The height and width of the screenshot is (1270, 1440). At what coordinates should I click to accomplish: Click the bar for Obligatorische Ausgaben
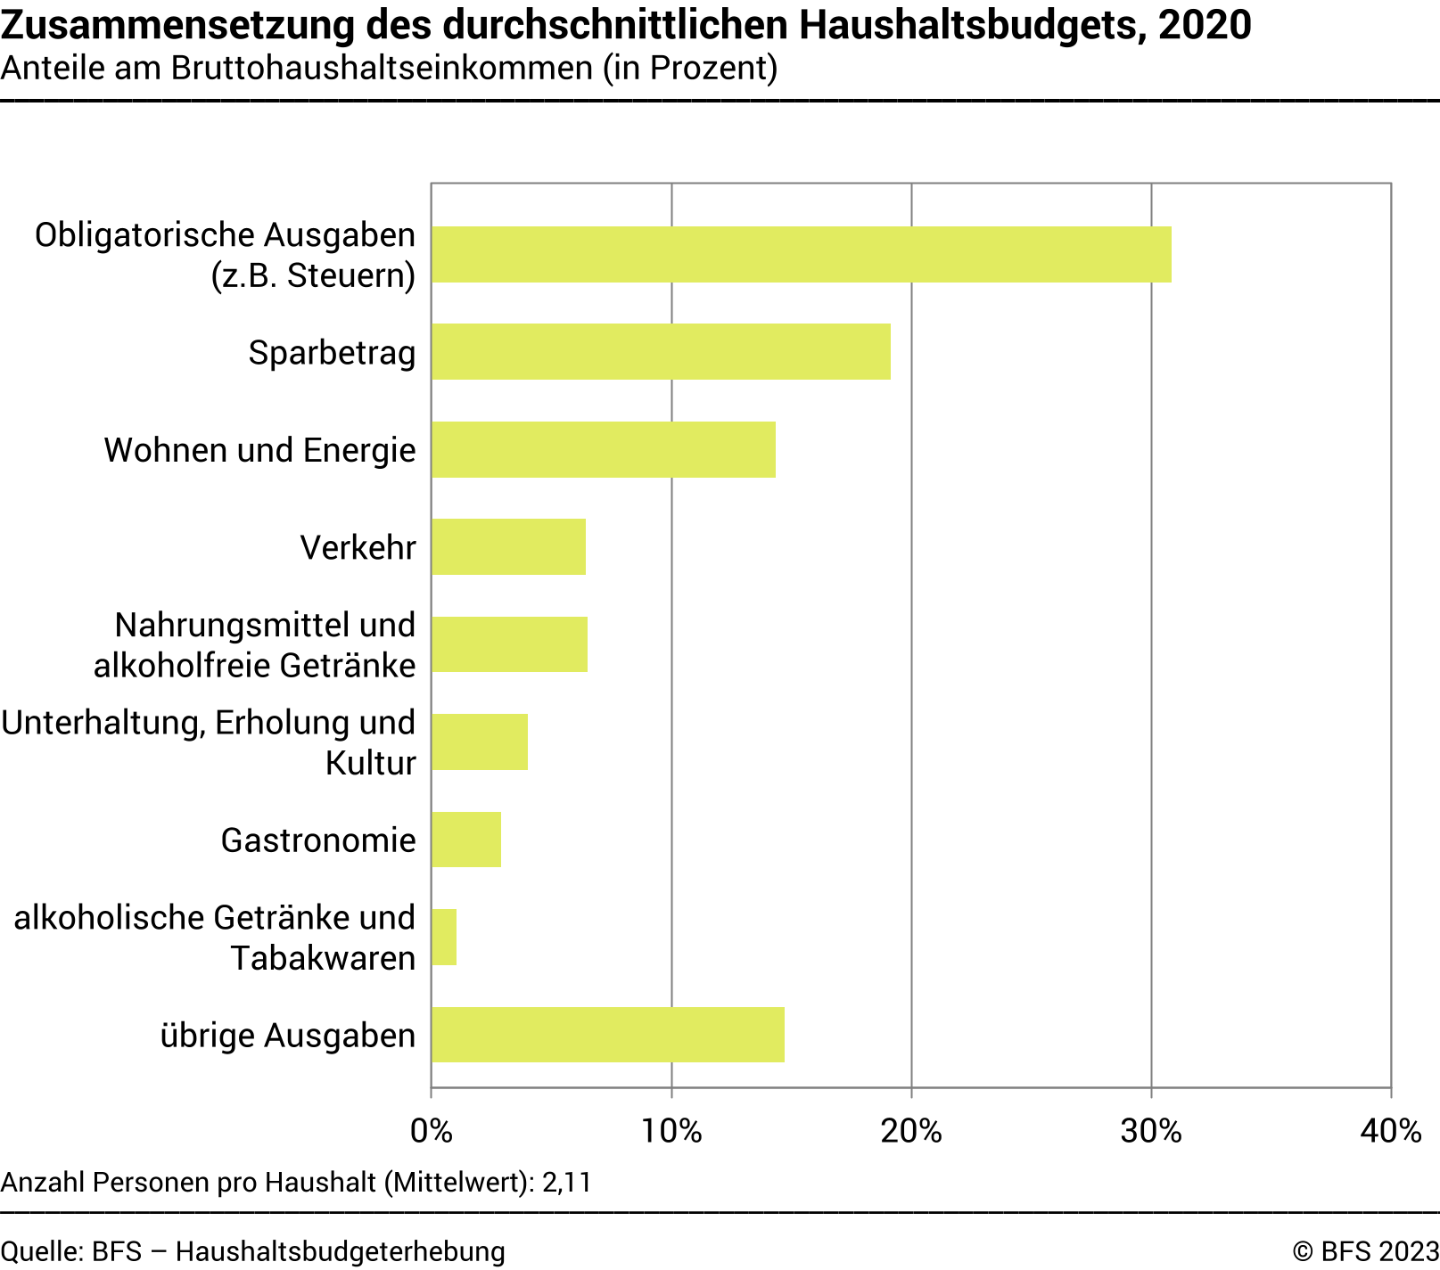pyautogui.click(x=801, y=255)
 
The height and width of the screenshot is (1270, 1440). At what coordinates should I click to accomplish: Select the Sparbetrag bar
pyautogui.click(x=661, y=352)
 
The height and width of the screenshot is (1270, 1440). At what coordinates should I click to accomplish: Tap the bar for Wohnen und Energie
pyautogui.click(x=603, y=450)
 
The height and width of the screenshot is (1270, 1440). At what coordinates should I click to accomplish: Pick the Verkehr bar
pyautogui.click(x=508, y=547)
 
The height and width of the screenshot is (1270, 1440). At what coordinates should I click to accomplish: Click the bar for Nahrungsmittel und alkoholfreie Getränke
pyautogui.click(x=509, y=644)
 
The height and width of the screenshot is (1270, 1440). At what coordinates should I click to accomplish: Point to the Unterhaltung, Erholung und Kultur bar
pyautogui.click(x=479, y=742)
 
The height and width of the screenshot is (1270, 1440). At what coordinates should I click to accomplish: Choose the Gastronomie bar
pyautogui.click(x=465, y=840)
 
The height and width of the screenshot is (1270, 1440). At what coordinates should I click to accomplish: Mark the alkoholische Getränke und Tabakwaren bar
pyautogui.click(x=444, y=937)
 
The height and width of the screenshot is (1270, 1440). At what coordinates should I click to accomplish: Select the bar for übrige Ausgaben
pyautogui.click(x=607, y=1035)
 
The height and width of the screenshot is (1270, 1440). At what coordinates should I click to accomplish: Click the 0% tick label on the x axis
pyautogui.click(x=432, y=1131)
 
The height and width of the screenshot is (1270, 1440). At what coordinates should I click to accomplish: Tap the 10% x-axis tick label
pyautogui.click(x=671, y=1131)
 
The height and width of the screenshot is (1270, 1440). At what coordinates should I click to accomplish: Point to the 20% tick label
pyautogui.click(x=911, y=1131)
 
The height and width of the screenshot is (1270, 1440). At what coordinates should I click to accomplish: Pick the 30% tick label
pyautogui.click(x=1151, y=1131)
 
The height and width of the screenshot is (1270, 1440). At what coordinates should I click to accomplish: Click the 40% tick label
pyautogui.click(x=1391, y=1131)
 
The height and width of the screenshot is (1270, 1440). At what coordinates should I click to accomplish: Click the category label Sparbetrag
pyautogui.click(x=332, y=353)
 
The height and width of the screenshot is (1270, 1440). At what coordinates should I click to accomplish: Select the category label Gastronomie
pyautogui.click(x=318, y=840)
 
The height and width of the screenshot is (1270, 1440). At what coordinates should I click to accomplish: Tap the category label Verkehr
pyautogui.click(x=358, y=547)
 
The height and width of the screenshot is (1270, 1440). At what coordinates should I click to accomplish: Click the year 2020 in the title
pyautogui.click(x=1205, y=25)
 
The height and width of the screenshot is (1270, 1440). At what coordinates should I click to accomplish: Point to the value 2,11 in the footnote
pyautogui.click(x=567, y=1183)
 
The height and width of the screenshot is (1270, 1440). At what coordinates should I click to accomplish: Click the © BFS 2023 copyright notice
pyautogui.click(x=1365, y=1251)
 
